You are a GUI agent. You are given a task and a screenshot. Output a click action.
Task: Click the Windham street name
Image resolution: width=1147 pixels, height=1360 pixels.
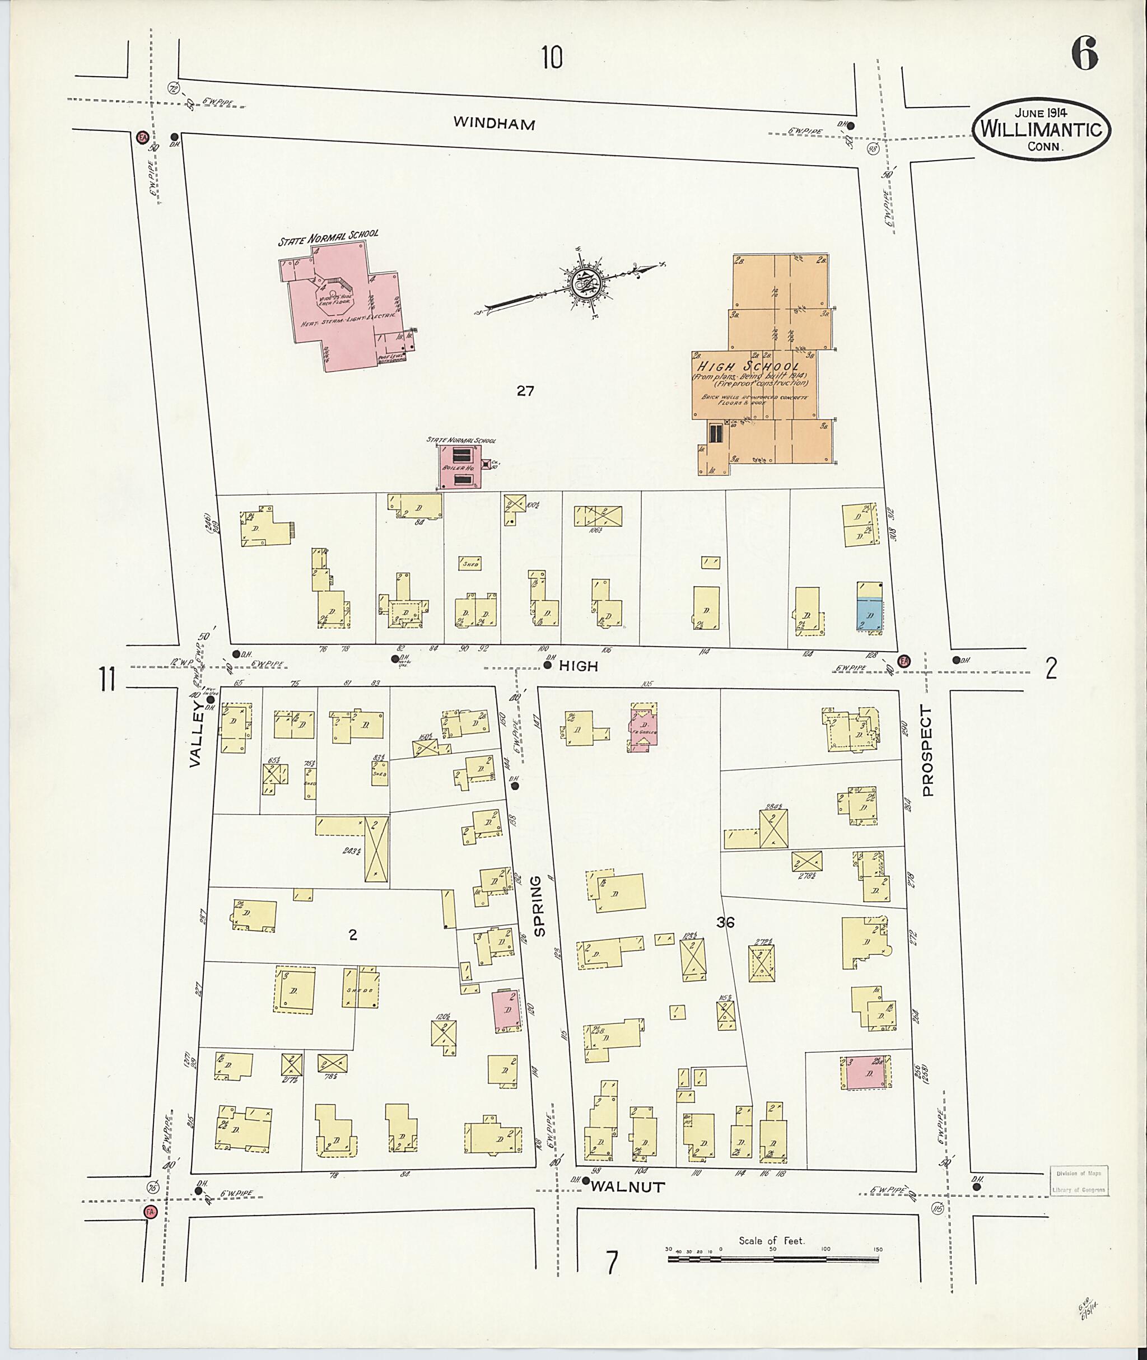[494, 124]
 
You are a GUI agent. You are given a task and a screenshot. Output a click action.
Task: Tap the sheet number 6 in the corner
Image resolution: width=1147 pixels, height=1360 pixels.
[1085, 55]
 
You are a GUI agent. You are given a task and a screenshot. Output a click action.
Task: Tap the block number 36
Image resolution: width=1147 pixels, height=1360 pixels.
[726, 922]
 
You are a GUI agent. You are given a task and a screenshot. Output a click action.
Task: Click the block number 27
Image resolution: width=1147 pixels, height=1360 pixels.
[525, 391]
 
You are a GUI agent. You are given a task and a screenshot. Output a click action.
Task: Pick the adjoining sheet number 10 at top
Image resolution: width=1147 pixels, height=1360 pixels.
[552, 58]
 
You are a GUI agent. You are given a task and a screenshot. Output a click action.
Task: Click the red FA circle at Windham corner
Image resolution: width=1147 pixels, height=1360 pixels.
[141, 138]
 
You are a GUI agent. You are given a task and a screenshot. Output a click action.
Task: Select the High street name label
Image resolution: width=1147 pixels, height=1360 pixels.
[579, 666]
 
